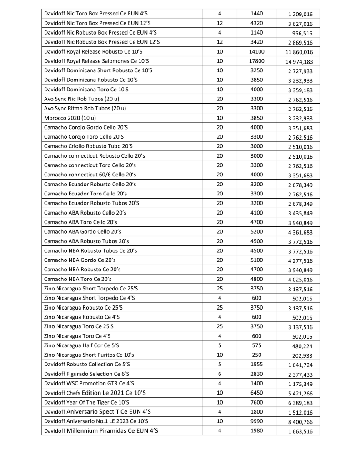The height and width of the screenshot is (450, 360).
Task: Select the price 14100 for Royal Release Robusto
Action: tap(257, 51)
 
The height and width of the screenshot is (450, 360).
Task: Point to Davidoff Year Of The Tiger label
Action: tap(86, 402)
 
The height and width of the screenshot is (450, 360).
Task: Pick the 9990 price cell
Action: tap(257, 421)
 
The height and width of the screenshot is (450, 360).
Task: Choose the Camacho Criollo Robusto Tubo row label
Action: tap(88, 146)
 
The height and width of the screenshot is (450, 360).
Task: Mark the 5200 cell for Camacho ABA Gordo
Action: tap(257, 231)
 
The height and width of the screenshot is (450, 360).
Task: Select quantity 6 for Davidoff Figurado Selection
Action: tap(220, 374)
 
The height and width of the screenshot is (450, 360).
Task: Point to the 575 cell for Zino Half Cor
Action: tap(257, 345)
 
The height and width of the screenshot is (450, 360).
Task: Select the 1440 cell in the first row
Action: tap(257, 13)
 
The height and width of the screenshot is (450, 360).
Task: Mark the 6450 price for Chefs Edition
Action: tap(257, 393)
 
